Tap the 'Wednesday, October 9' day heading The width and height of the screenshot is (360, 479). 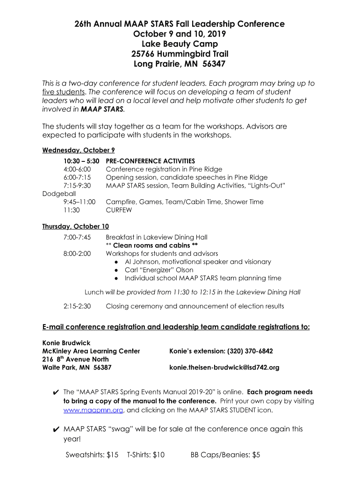tap(79, 150)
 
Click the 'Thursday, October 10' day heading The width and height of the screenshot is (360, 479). tap(75, 226)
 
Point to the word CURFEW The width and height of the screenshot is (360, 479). tap(119, 210)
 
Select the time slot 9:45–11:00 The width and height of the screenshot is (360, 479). tap(79, 202)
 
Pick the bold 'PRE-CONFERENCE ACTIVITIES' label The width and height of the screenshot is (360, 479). tap(151, 161)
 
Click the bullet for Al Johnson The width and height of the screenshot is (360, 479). tap(116, 262)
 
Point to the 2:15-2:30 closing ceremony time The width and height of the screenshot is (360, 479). tap(77, 306)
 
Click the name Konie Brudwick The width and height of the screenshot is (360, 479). tap(66, 343)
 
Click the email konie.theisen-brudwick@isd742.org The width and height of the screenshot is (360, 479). tap(224, 367)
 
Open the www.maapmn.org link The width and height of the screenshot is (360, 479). tap(93, 410)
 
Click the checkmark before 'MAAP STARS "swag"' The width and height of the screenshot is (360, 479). tap(56, 429)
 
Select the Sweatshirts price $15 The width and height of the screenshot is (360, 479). tap(112, 455)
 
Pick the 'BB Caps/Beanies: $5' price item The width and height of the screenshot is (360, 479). tap(225, 455)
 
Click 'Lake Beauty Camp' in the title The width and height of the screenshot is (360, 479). tap(180, 44)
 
